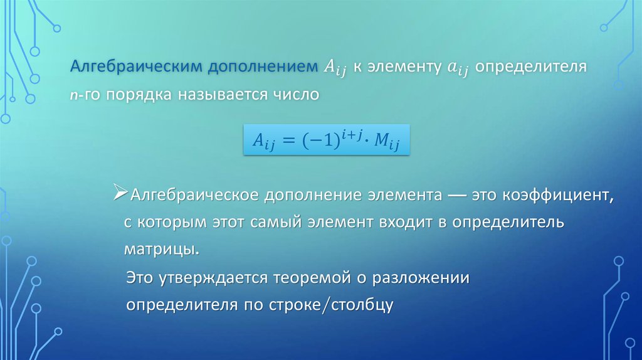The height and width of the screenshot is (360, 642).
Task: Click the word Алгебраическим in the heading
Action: click(x=137, y=66)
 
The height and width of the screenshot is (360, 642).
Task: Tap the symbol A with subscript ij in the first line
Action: click(x=335, y=68)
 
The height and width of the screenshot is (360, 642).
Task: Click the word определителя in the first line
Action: click(x=531, y=66)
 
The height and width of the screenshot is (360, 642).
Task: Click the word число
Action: click(x=296, y=95)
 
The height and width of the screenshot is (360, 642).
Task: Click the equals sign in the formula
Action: click(x=288, y=140)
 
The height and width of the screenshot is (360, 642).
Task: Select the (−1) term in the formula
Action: click(x=320, y=141)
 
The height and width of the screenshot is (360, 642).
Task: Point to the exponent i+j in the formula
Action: click(x=352, y=134)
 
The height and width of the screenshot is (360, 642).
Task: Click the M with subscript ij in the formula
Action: click(x=386, y=141)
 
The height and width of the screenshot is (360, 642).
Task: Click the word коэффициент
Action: click(x=558, y=195)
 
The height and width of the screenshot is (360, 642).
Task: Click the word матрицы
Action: click(x=162, y=250)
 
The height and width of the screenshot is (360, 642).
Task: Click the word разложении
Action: click(x=421, y=278)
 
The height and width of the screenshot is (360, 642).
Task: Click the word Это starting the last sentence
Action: click(x=140, y=278)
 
